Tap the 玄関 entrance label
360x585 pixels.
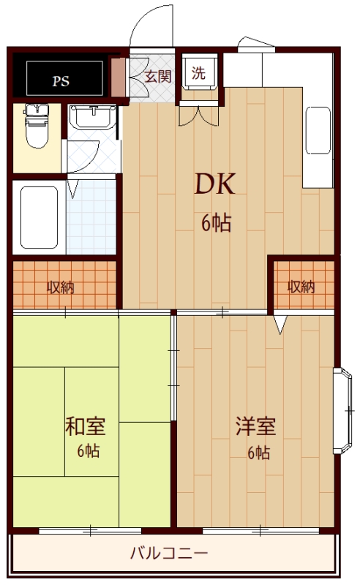(x=157, y=75)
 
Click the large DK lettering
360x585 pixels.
(x=214, y=184)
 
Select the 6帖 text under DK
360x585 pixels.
(x=216, y=224)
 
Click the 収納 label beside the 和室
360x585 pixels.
(x=63, y=287)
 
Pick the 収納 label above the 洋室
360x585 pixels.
(x=301, y=287)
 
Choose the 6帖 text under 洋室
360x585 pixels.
(x=258, y=453)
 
